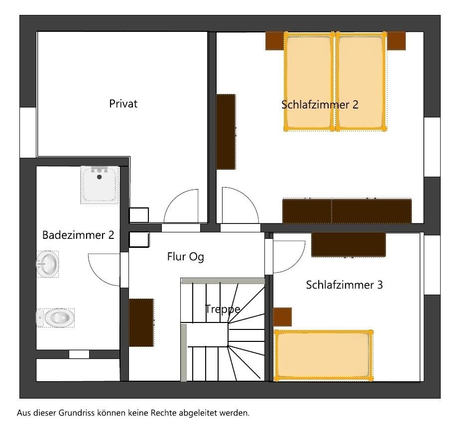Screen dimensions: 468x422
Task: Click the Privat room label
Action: pos(123,104)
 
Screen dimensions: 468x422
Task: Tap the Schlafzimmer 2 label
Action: pos(320,105)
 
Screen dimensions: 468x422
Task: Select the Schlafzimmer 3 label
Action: pos(344,285)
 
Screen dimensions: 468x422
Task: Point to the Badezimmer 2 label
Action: pos(78,235)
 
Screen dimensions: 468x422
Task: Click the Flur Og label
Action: pos(186,257)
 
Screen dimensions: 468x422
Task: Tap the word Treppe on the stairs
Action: pos(223,309)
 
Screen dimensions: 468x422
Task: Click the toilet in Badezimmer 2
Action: pos(56,318)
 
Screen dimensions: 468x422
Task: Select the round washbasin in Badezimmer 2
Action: pos(47,264)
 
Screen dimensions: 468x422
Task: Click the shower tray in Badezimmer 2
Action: pos(100,185)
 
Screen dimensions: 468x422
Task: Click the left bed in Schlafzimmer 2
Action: pos(309,82)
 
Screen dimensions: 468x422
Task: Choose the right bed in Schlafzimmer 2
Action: pos(361,82)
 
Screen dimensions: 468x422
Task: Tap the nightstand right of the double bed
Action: pos(396,41)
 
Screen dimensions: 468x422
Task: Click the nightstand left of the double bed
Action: pos(275,41)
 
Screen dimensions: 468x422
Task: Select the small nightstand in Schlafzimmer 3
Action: pos(282,317)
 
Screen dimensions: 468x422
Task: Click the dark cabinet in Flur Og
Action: pos(141,322)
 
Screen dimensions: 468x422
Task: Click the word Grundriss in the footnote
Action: pos(76,413)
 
